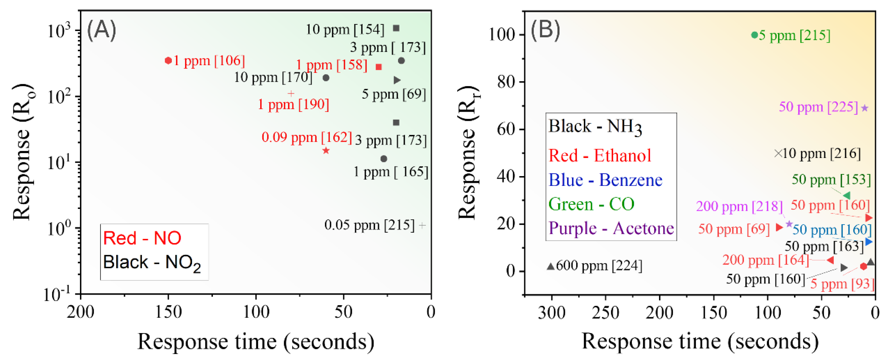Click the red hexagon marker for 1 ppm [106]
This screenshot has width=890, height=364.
click(x=168, y=61)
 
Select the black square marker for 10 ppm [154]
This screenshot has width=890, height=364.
click(x=396, y=28)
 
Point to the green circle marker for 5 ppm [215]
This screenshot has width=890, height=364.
click(x=755, y=35)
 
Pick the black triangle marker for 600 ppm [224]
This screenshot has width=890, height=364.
click(x=551, y=266)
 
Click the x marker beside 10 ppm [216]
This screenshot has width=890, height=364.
click(x=778, y=153)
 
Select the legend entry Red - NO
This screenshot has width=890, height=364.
click(x=142, y=238)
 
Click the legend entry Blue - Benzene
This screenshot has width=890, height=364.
click(x=605, y=180)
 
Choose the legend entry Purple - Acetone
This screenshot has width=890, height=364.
click(x=611, y=228)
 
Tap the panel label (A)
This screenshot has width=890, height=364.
click(x=101, y=30)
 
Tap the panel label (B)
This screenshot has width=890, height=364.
click(x=545, y=30)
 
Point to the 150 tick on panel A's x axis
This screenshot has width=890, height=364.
click(x=168, y=312)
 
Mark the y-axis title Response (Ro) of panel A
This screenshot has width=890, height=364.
click(x=22, y=152)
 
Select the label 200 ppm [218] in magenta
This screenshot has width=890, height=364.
click(x=739, y=206)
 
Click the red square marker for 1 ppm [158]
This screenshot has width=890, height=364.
click(x=379, y=67)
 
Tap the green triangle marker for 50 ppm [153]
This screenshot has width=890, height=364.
click(x=847, y=196)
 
